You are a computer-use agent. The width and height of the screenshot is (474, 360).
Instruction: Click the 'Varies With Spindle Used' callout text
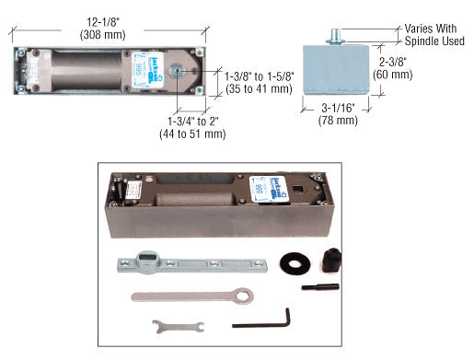434,35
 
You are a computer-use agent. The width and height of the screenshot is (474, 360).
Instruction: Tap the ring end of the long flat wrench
243,296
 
